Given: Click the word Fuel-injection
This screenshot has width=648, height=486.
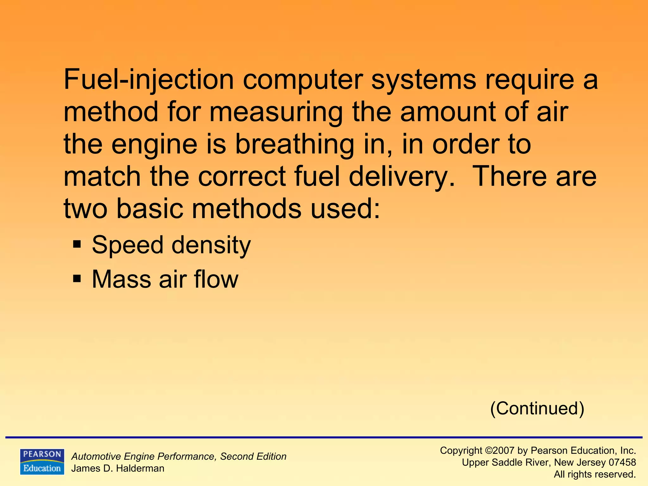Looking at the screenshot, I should (x=149, y=80).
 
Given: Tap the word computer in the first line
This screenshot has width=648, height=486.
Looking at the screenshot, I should (x=303, y=80).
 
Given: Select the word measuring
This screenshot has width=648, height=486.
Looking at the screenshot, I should (x=276, y=112).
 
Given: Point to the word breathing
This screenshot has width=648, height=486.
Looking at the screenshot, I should (x=294, y=145).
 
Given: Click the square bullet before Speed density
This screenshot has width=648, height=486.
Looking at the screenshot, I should (x=77, y=245).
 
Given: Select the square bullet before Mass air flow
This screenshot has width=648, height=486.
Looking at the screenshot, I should (x=77, y=279).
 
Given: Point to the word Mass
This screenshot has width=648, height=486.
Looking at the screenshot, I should (x=121, y=279).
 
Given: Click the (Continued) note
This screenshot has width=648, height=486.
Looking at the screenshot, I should (x=537, y=408).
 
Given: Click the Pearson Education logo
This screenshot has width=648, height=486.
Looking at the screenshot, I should (x=42, y=462).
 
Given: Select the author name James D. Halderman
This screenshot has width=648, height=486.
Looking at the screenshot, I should (x=118, y=468).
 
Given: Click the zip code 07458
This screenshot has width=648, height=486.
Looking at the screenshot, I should (x=622, y=462).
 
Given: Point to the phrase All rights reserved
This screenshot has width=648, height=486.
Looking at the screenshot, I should (x=595, y=474).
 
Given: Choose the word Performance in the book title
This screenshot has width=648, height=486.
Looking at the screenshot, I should (x=188, y=457).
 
